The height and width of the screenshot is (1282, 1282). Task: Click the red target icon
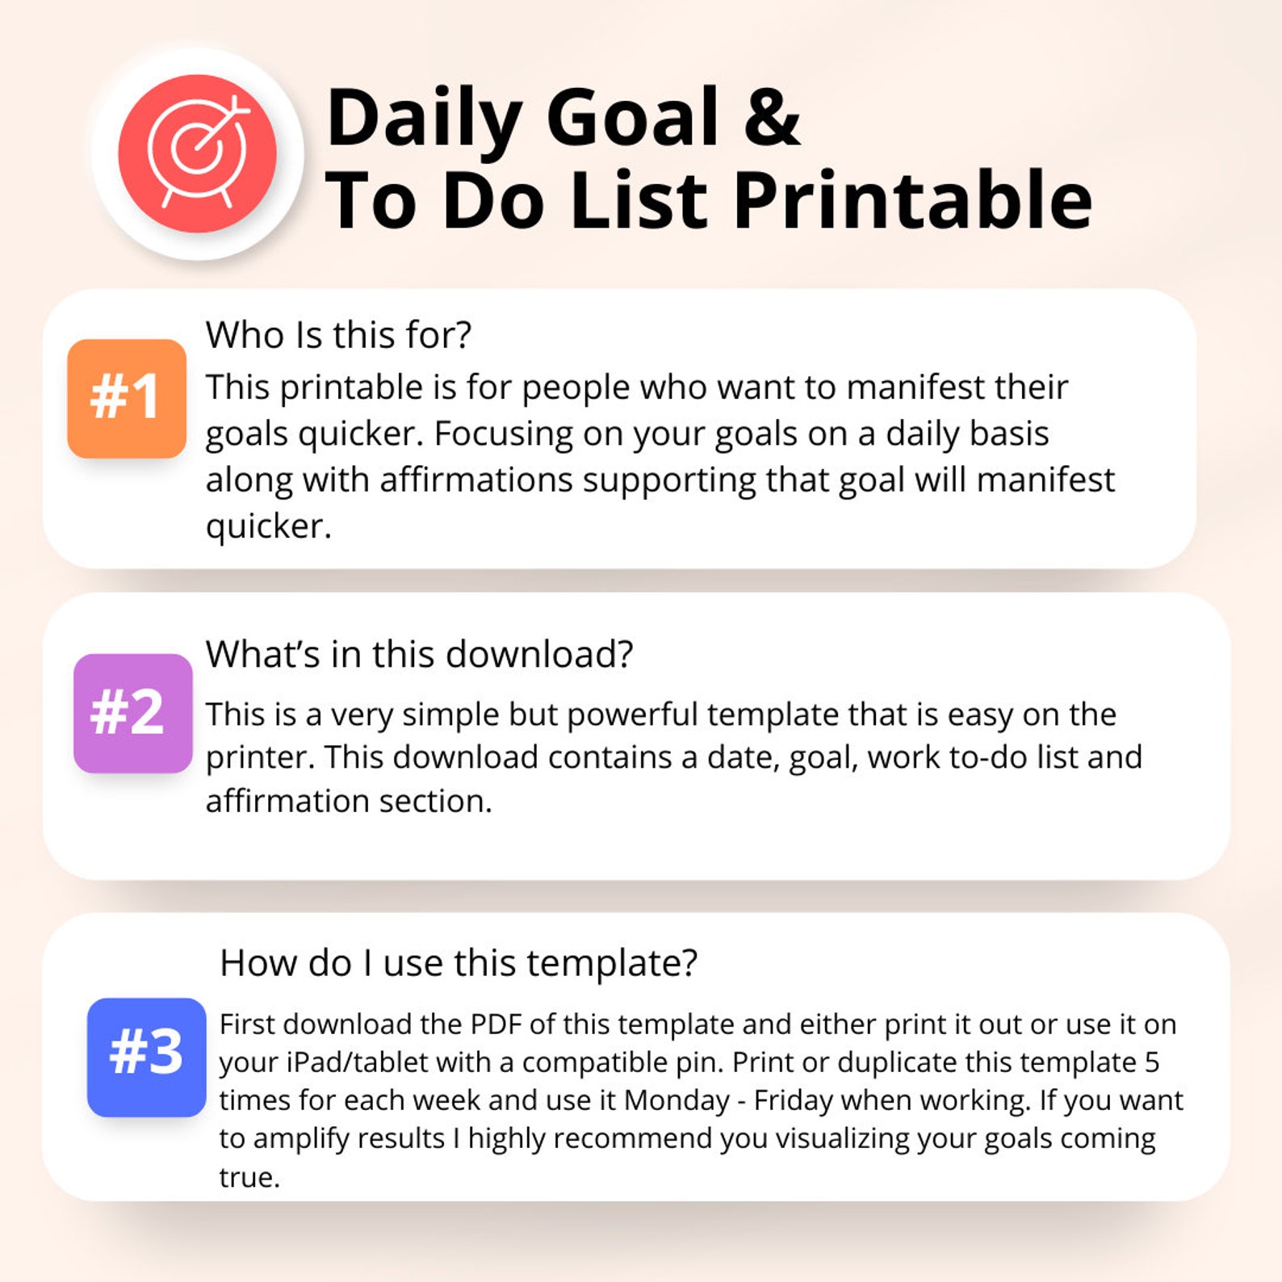coord(197,153)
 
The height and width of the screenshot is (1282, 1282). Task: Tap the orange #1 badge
coord(127,398)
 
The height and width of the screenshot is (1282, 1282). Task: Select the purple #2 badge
coord(132,713)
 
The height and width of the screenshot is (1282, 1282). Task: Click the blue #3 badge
coord(146,1057)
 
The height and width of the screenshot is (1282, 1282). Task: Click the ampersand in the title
coord(772,118)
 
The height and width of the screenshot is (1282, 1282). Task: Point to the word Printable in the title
coord(912,201)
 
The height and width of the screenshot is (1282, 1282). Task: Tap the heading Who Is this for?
coord(338,335)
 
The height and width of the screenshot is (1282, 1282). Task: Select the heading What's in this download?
coord(419,654)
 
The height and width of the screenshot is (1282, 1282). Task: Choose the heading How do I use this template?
coord(459,962)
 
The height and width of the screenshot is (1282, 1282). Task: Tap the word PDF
coord(496,1024)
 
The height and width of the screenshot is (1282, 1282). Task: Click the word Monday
coord(677,1100)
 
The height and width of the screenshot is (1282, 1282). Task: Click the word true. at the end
coord(249,1177)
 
